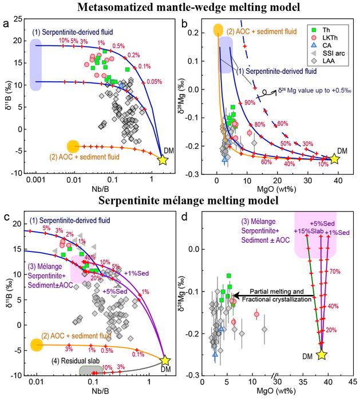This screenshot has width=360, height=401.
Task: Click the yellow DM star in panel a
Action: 162,160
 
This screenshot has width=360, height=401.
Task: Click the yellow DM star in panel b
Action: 335,159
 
